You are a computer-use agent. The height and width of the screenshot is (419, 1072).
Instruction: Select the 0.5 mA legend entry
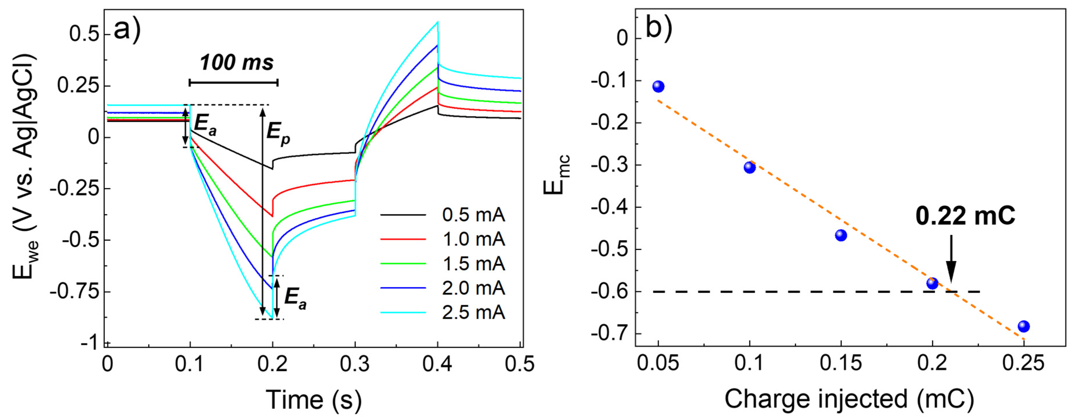tap(473, 215)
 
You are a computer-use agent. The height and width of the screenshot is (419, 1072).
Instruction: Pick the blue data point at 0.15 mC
tap(841, 235)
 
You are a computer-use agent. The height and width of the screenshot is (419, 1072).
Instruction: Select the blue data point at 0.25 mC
tap(1024, 326)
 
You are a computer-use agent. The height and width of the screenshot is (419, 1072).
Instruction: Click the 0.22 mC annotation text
tap(965, 216)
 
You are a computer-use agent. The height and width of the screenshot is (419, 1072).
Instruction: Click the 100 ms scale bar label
tap(236, 63)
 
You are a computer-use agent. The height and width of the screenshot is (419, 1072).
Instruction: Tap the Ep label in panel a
tap(278, 134)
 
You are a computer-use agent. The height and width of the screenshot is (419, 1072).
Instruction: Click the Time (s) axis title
tap(313, 399)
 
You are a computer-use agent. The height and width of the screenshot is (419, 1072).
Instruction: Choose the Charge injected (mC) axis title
tap(849, 399)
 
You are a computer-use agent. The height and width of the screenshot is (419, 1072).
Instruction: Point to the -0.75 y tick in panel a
tap(75, 292)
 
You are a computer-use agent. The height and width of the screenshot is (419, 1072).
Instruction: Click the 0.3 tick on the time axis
tap(355, 364)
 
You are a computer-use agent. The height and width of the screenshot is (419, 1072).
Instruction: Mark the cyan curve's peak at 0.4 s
tap(437, 22)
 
